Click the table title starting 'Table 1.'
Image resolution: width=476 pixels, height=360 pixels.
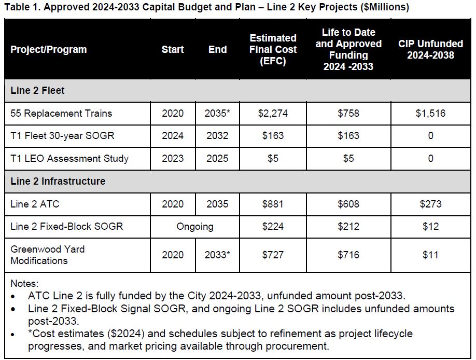click(206, 7)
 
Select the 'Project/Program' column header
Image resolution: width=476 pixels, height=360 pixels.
click(49, 50)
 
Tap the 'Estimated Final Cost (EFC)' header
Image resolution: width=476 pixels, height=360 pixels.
click(273, 50)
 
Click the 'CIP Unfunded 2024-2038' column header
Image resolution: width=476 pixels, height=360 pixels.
click(430, 50)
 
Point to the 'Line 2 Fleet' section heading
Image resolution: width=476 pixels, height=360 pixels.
click(37, 91)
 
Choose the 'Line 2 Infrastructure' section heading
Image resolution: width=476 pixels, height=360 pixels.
click(58, 181)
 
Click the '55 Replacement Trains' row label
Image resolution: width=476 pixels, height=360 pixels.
click(61, 114)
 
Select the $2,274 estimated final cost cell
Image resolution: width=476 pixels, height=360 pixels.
click(273, 114)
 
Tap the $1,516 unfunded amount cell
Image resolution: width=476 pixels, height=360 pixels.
click(430, 114)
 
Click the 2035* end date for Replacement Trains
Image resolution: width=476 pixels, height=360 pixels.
click(217, 114)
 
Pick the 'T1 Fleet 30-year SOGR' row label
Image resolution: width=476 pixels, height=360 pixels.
click(62, 136)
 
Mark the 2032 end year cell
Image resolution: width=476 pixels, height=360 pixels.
click(217, 136)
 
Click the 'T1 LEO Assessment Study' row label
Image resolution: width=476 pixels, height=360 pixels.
click(69, 159)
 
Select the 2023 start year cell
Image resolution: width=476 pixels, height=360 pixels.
click(173, 159)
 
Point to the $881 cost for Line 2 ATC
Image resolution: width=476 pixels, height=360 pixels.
click(273, 204)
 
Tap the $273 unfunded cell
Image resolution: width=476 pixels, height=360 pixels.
click(430, 204)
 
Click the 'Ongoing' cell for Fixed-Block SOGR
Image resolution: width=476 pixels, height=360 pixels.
click(195, 227)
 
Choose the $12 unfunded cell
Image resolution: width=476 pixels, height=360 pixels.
click(430, 227)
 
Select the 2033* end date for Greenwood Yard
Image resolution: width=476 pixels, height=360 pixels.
click(217, 255)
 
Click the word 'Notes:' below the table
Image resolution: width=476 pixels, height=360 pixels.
click(24, 284)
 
